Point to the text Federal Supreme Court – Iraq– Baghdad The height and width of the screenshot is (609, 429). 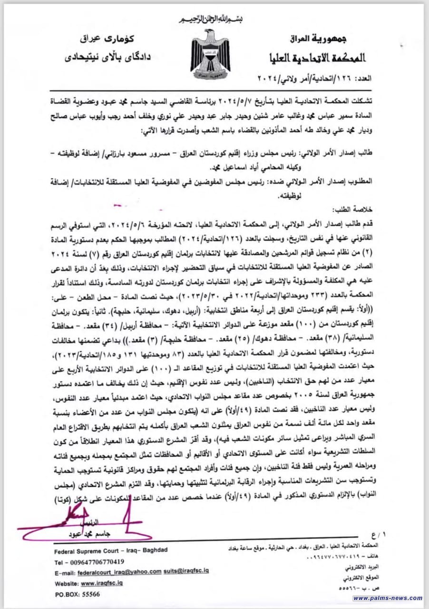pos(111,550)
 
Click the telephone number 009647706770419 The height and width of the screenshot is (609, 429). pos(91,561)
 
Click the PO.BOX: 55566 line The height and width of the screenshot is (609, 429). pos(77,594)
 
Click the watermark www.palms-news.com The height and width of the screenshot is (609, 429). pos(388,598)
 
